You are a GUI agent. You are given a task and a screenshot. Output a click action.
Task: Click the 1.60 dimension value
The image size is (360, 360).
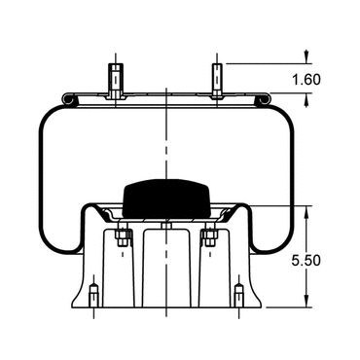pyautogui.click(x=306, y=80)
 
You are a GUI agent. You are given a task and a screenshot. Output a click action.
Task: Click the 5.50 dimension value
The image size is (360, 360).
pyautogui.click(x=306, y=261)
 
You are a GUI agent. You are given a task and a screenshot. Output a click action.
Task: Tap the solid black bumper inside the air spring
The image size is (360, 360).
pyautogui.click(x=166, y=198)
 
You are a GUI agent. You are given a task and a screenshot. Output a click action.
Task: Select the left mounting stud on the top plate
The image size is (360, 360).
pyautogui.click(x=116, y=81)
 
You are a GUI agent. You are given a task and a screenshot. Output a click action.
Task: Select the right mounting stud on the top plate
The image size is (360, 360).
pyautogui.click(x=217, y=81)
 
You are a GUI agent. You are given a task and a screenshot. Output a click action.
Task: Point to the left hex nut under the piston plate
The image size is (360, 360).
pyautogui.click(x=123, y=237)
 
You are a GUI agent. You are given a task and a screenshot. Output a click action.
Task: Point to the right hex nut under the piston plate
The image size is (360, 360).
pyautogui.click(x=209, y=237)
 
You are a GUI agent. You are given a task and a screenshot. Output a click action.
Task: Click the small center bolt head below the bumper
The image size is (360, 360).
pyautogui.click(x=166, y=226)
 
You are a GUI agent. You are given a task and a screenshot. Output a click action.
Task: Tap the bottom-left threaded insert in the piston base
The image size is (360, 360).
pyautogui.click(x=93, y=295)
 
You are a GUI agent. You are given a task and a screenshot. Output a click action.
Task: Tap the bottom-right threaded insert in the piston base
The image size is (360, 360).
pyautogui.click(x=239, y=295)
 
